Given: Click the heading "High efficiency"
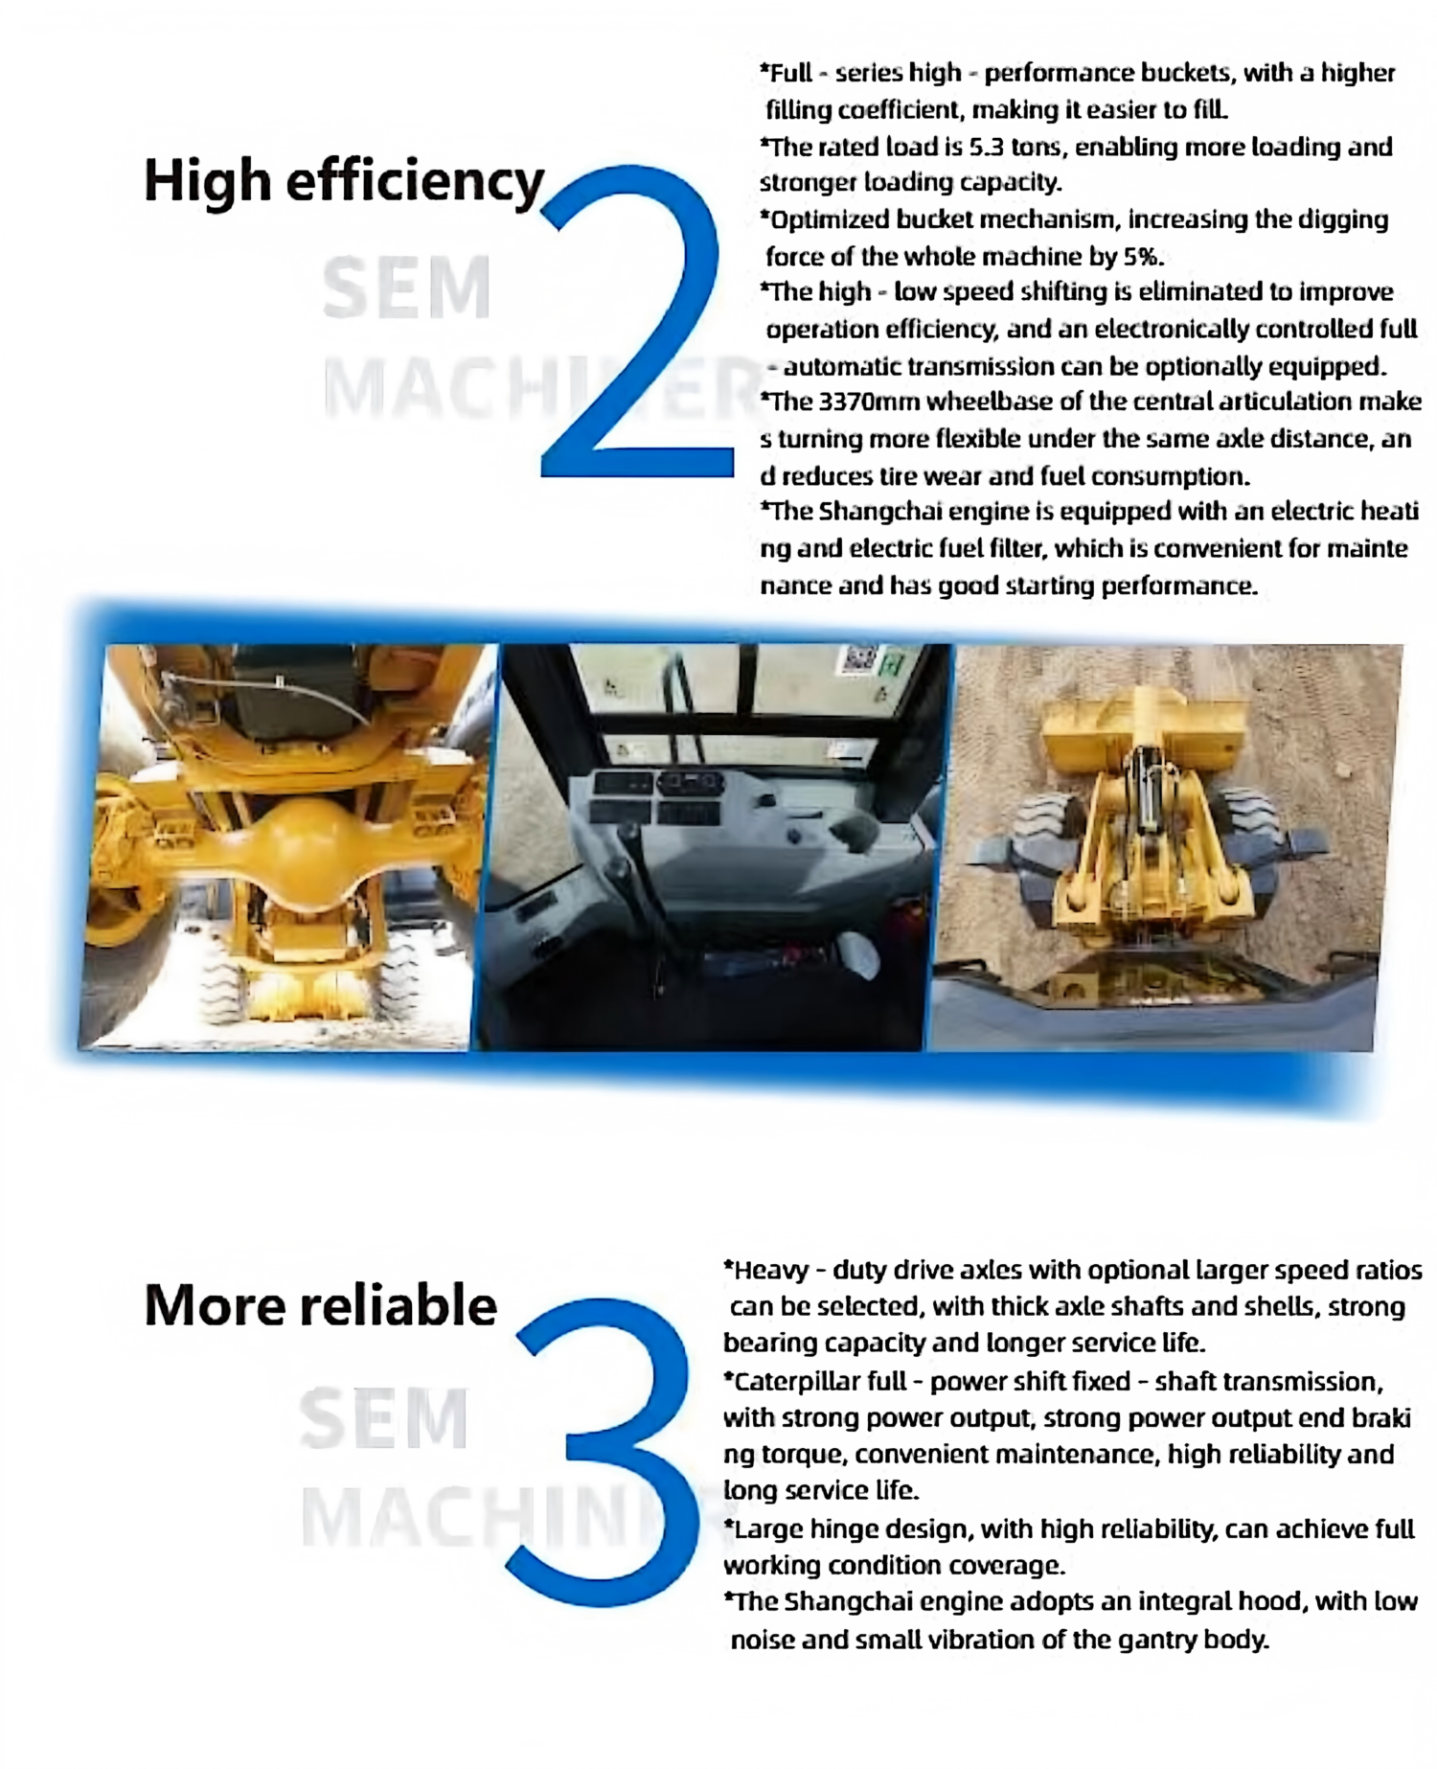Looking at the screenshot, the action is click(x=344, y=181).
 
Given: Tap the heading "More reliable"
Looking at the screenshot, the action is click(x=321, y=1305).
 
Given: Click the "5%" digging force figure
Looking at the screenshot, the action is click(x=1144, y=257).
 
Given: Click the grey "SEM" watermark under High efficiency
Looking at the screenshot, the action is click(x=407, y=287).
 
